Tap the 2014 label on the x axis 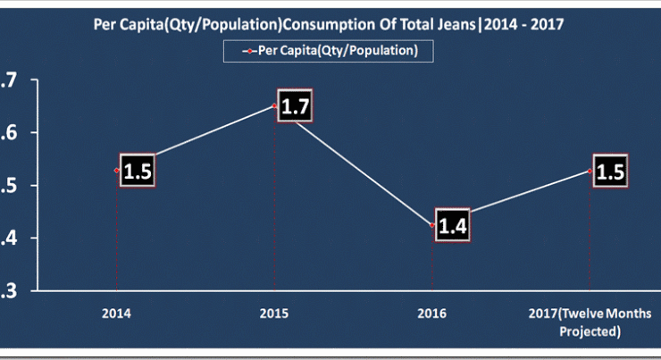pyautogui.click(x=117, y=314)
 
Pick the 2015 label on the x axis pyautogui.click(x=274, y=314)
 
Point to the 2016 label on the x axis pyautogui.click(x=432, y=314)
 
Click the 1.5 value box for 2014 pyautogui.click(x=138, y=172)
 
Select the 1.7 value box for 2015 pyautogui.click(x=295, y=108)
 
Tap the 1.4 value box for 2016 pyautogui.click(x=452, y=225)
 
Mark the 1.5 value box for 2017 pyautogui.click(x=610, y=172)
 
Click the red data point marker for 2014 pyautogui.click(x=117, y=170)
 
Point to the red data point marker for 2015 pyautogui.click(x=274, y=106)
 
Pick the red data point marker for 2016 pyautogui.click(x=432, y=224)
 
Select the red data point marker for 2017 pyautogui.click(x=590, y=170)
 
